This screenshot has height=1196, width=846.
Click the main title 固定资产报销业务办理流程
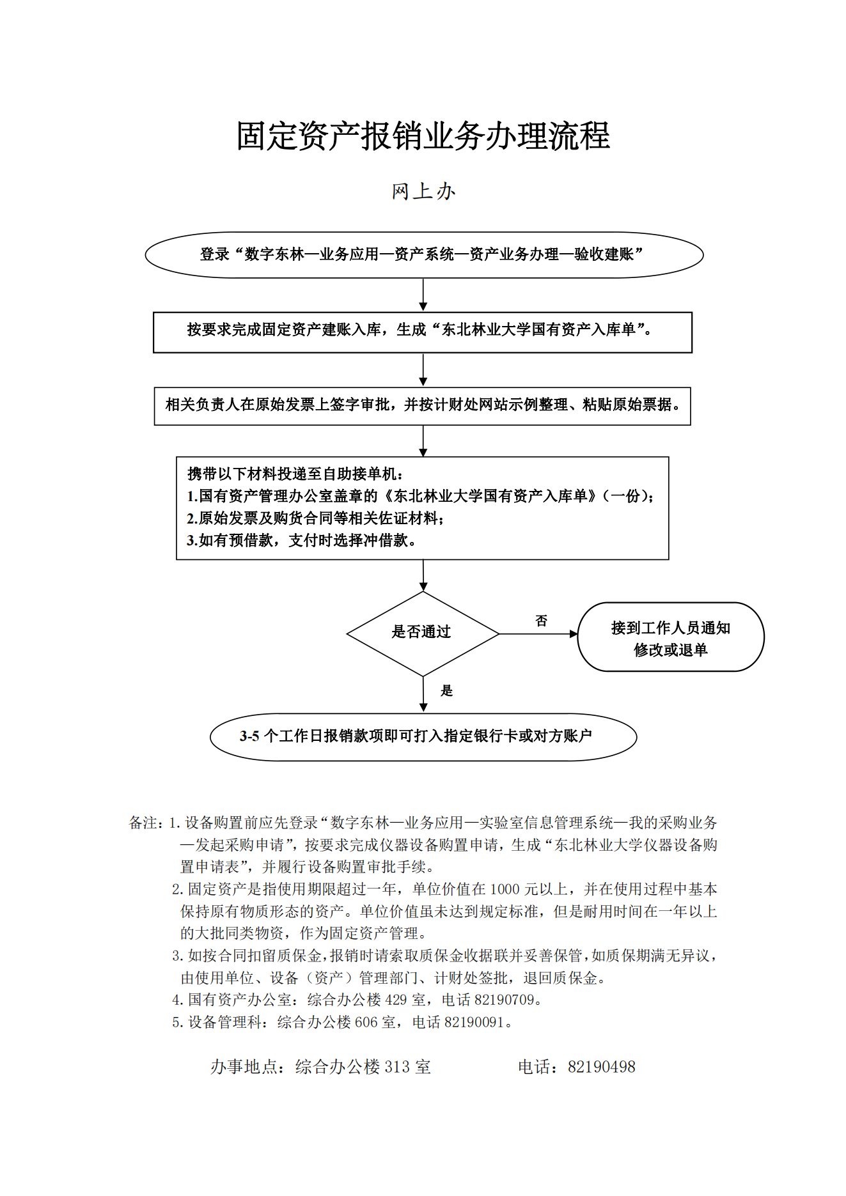[x=423, y=136]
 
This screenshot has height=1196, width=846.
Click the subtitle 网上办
[x=423, y=191]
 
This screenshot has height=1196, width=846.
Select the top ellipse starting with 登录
[x=424, y=254]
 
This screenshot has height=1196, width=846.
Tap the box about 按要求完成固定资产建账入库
[x=423, y=332]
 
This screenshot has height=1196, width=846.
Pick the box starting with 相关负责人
[x=423, y=406]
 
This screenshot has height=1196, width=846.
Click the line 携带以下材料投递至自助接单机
[x=295, y=474]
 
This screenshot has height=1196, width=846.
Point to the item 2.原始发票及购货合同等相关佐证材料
[x=315, y=518]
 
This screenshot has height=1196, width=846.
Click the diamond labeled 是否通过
[x=423, y=633]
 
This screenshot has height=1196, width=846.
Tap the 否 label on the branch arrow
[x=542, y=621]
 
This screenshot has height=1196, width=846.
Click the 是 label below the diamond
[x=447, y=690]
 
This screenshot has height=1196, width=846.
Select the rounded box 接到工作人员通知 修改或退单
[x=671, y=637]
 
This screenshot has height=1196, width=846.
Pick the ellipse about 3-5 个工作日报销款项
[x=423, y=737]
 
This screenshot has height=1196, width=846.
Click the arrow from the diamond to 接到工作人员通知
[x=538, y=634]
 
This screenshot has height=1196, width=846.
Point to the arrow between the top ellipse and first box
[x=423, y=295]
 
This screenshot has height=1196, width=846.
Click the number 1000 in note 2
[x=505, y=889]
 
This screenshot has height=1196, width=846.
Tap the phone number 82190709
[x=504, y=1000]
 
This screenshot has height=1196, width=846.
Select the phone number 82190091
[x=474, y=1022]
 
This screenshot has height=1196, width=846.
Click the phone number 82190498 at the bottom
[x=602, y=1067]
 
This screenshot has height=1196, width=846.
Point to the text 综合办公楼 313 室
[x=363, y=1067]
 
